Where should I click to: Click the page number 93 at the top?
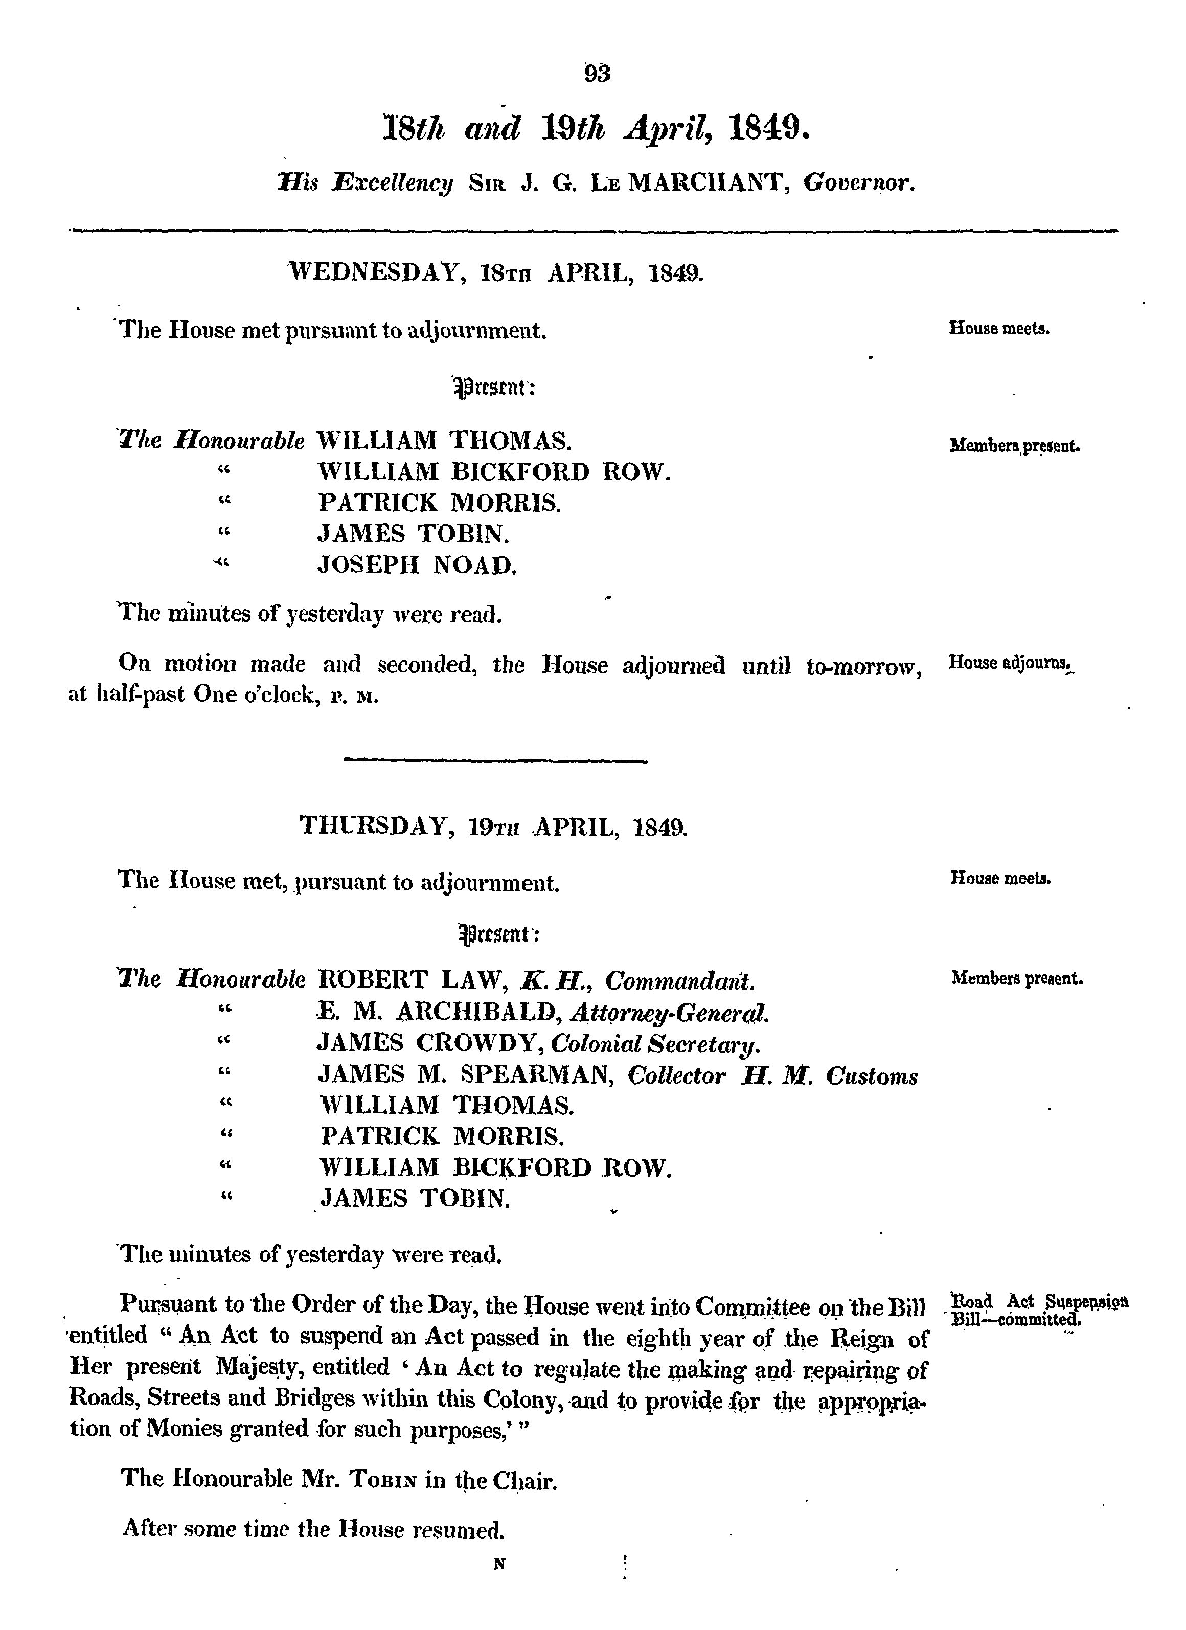pos(597,73)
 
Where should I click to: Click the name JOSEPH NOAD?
pos(417,566)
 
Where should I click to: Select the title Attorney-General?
pos(669,1013)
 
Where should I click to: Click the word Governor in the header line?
pos(858,184)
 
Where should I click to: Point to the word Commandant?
pos(679,980)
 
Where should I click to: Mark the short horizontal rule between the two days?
pos(495,760)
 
